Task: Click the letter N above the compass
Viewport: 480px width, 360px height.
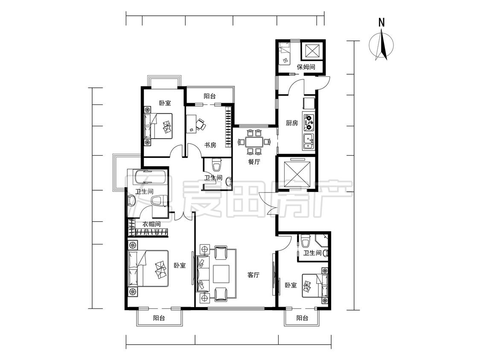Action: (381, 22)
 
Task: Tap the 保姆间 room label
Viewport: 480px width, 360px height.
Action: (306, 67)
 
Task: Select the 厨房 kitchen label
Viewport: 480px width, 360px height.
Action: (292, 123)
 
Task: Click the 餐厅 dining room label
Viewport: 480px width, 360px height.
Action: (254, 162)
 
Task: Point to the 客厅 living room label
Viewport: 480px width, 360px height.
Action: (253, 275)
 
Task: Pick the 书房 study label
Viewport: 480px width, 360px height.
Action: (210, 145)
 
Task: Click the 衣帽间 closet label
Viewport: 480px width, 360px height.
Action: (151, 224)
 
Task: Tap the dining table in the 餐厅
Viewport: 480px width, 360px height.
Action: (254, 142)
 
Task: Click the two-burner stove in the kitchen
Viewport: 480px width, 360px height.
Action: (308, 121)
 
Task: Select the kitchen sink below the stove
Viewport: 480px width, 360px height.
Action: (308, 142)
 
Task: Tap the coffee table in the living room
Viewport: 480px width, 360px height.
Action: (221, 274)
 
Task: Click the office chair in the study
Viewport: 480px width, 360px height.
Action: (201, 124)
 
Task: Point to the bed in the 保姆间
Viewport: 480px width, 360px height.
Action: (284, 54)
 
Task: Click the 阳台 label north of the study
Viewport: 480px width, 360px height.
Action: (209, 96)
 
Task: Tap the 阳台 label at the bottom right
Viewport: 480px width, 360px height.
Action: (302, 318)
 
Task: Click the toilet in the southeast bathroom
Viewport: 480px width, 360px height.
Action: (305, 241)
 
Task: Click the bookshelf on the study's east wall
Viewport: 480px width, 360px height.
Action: (228, 127)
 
